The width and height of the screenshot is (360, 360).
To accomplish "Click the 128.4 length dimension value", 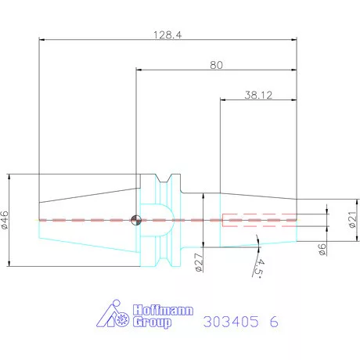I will pyautogui.click(x=167, y=35).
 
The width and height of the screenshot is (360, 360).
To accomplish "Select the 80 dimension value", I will pyautogui.click(x=216, y=66).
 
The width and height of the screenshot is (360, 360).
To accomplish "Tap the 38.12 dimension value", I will pyautogui.click(x=257, y=95).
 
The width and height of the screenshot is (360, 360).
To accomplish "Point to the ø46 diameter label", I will pyautogui.click(x=5, y=220).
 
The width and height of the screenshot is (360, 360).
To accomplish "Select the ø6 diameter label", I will pyautogui.click(x=322, y=248).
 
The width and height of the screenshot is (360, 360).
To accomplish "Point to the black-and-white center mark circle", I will pyautogui.click(x=136, y=219).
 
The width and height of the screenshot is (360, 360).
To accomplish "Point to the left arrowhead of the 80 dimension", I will pyautogui.click(x=140, y=72).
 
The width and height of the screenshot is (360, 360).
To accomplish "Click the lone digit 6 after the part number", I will pyautogui.click(x=272, y=321).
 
